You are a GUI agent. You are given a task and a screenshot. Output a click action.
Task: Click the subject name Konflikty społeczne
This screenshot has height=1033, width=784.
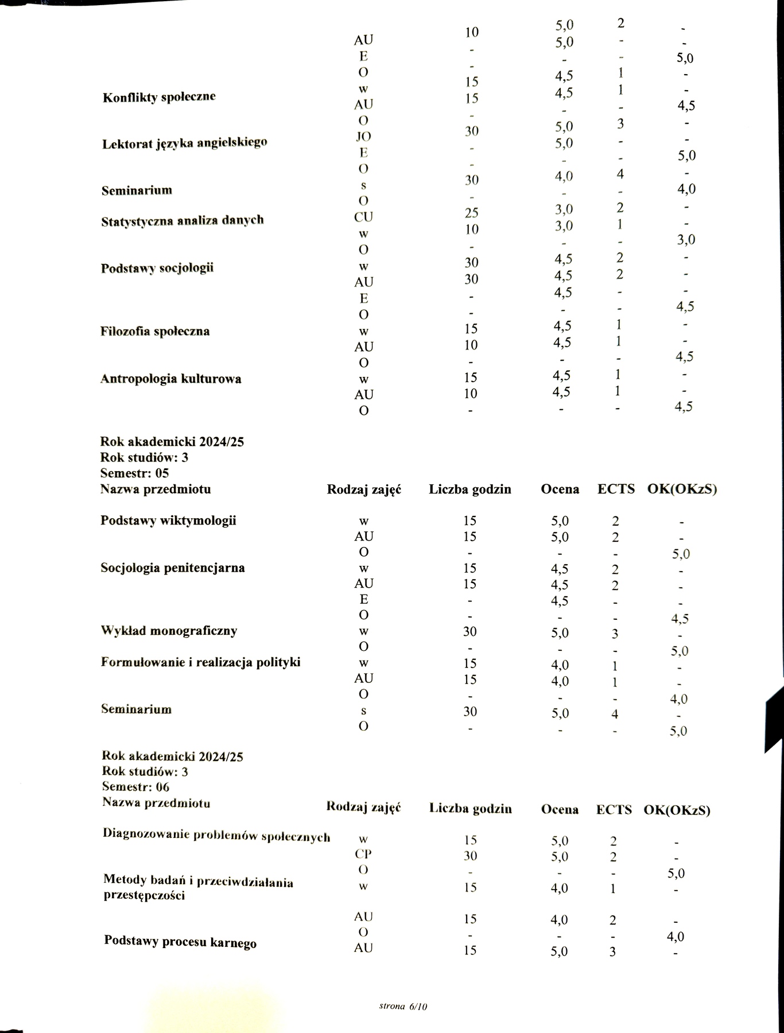tap(159, 97)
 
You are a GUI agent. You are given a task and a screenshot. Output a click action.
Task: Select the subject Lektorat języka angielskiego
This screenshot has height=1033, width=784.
tap(184, 143)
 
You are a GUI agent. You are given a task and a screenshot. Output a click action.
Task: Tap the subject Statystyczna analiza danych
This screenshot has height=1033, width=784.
tap(182, 220)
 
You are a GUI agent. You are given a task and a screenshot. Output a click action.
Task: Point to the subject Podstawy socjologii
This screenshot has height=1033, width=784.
tap(157, 268)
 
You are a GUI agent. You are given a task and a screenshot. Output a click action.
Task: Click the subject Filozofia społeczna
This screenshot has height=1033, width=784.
tap(154, 331)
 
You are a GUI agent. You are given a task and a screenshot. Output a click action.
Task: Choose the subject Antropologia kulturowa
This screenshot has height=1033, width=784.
tap(170, 379)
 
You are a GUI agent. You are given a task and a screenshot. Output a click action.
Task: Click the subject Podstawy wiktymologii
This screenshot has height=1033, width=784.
tap(168, 521)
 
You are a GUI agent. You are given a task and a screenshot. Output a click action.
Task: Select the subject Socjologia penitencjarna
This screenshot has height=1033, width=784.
tap(172, 568)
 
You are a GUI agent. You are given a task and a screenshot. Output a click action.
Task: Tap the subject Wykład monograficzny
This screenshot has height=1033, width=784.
tap(169, 631)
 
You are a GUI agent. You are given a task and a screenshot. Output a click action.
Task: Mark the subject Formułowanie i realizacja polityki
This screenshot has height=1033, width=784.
tap(200, 662)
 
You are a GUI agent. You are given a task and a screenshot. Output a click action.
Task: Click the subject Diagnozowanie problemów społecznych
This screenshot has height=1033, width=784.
tap(216, 835)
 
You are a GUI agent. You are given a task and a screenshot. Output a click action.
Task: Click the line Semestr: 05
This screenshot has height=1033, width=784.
tap(134, 473)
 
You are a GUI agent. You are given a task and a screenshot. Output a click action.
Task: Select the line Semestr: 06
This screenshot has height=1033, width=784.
tap(135, 787)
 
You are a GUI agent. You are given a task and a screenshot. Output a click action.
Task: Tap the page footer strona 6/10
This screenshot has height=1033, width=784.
tap(403, 1006)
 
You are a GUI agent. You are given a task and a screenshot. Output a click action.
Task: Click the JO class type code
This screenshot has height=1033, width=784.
tap(363, 137)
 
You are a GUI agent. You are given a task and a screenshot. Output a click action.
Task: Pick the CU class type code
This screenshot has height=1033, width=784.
tap(363, 217)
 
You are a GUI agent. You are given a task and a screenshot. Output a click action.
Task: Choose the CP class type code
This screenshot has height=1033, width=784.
tap(363, 853)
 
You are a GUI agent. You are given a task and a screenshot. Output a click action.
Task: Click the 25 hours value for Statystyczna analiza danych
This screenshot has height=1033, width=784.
tap(471, 213)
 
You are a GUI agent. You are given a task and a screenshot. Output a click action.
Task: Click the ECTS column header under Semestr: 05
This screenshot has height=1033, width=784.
tap(616, 490)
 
